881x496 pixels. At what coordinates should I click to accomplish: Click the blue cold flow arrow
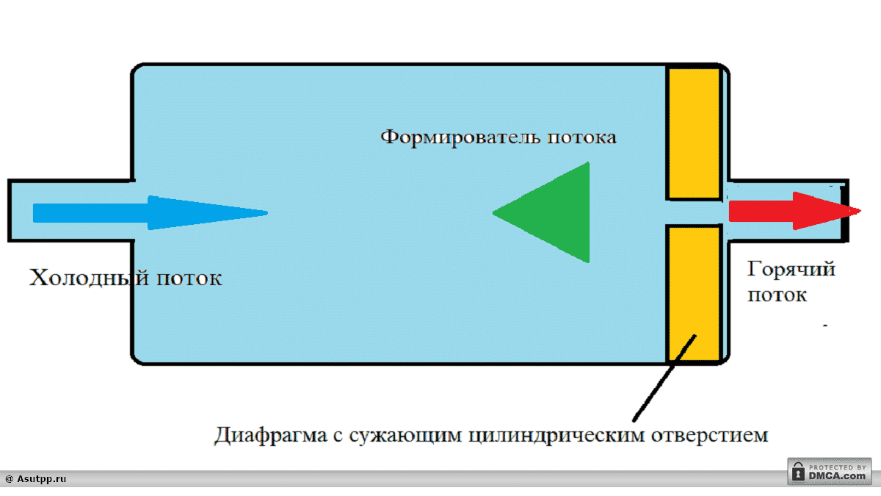pos(147,213)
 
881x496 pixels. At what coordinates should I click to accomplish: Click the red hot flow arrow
pos(793,211)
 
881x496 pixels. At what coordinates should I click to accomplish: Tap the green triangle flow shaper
pos(558,212)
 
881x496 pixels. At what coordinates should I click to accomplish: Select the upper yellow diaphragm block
pos(693,132)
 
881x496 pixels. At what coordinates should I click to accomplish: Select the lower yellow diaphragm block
pos(693,294)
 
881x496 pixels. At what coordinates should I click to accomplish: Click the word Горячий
pos(791,269)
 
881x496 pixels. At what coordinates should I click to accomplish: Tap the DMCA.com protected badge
pos(829,471)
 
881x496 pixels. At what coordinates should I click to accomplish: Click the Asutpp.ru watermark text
pos(36,479)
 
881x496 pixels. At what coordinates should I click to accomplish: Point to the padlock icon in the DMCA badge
pos(798,473)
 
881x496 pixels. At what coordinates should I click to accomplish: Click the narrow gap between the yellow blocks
pos(693,212)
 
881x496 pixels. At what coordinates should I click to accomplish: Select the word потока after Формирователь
pos(579,137)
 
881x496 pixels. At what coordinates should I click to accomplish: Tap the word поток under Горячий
pos(777,295)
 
